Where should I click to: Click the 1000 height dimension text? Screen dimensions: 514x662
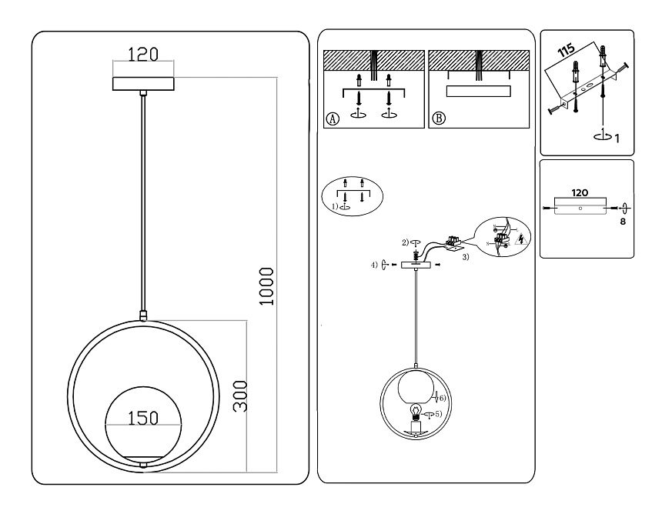point(266,287)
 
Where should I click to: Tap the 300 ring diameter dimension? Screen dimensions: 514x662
point(240,396)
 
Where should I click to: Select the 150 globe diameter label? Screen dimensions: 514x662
point(142,418)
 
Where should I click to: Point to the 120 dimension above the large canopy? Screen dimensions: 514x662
point(142,55)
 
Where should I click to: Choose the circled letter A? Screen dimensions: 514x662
point(333,118)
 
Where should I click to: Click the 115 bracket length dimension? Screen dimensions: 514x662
point(567,52)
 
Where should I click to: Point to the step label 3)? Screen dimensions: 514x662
point(466,258)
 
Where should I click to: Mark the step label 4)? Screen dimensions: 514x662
point(373,265)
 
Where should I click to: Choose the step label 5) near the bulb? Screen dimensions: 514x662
point(439,414)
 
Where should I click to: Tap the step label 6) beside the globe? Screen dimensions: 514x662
point(443,398)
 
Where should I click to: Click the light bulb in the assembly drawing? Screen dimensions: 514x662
point(416,411)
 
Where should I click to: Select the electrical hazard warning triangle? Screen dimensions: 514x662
point(522,239)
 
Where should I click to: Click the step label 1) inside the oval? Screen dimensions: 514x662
point(335,206)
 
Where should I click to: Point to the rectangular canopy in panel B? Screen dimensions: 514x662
point(478,92)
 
